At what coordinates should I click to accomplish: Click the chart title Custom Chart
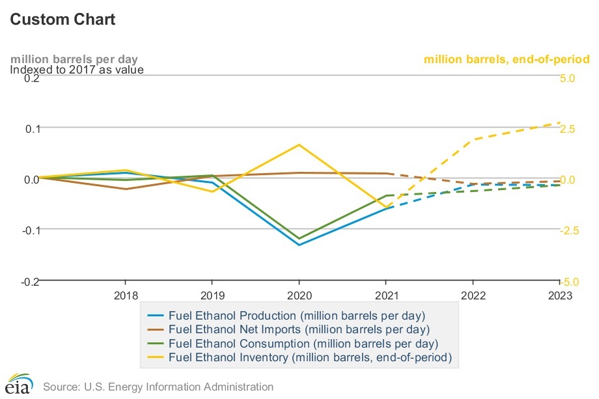(x=63, y=20)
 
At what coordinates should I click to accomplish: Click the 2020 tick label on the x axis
(x=299, y=296)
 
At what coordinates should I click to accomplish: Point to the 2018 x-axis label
(x=126, y=296)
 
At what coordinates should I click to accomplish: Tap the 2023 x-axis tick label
(x=559, y=296)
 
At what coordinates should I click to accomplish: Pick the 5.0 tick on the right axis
(x=568, y=77)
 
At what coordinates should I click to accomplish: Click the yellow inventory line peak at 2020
(x=299, y=144)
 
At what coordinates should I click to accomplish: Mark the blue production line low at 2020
(x=299, y=245)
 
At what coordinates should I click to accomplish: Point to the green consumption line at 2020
(x=299, y=238)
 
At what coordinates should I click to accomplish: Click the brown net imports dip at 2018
(x=126, y=189)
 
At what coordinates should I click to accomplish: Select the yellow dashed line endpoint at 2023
(x=559, y=122)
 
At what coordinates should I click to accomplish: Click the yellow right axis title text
(x=507, y=59)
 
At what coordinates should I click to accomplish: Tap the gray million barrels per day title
(x=74, y=59)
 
